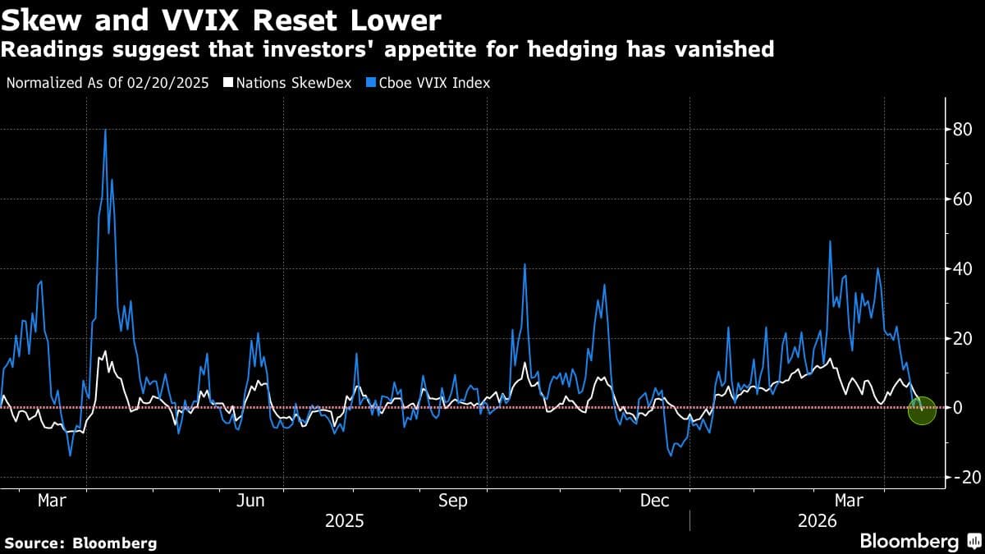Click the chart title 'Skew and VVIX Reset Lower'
pos(222,20)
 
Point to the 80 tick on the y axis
pos(962,130)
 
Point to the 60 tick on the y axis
pos(962,199)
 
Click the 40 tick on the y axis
pos(962,269)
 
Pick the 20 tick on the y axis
pos(962,338)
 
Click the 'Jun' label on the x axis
pos(250,501)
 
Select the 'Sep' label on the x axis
pos(453,501)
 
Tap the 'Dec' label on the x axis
pos(655,501)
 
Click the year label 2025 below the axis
pos(346,521)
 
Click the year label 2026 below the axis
pos(818,521)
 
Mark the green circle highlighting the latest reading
pos(923,410)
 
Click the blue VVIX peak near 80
pos(105,130)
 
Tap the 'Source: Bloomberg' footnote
pos(80,543)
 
